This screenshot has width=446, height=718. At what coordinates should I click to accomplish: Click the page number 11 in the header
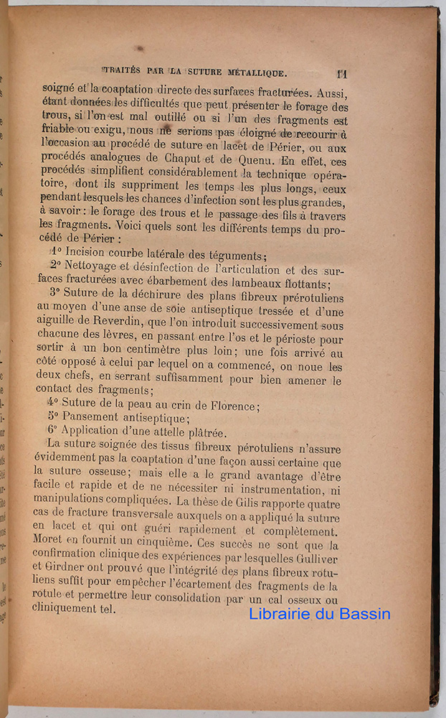341,73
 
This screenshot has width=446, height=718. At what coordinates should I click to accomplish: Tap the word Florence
230,405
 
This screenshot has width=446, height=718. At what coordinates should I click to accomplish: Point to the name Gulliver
318,559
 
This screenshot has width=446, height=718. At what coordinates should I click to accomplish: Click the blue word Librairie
282,614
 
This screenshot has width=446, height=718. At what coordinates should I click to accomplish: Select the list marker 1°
56,254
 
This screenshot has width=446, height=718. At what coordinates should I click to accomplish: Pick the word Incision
91,254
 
